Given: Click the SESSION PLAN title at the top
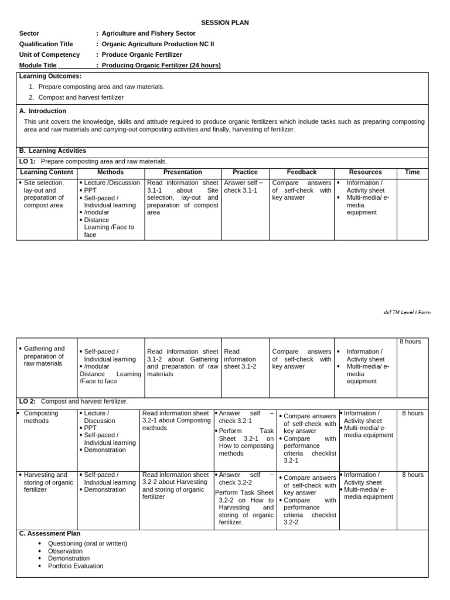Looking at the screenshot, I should point(225,23).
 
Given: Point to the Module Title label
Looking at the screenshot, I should point(38,65).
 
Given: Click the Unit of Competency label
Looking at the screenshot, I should point(49,54).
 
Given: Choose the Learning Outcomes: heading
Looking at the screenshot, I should point(50,76).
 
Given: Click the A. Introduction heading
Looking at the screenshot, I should point(43,111).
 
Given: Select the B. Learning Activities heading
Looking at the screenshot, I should point(53,151).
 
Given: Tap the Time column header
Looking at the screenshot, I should point(412,172).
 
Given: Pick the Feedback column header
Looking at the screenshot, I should point(301,172).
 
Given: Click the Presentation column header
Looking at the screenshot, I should point(182,172).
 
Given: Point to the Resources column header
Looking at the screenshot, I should point(365,172).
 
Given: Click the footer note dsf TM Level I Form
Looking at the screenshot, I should point(407,312).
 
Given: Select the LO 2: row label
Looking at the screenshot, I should point(27,401).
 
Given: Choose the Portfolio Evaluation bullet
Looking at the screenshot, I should point(75,566).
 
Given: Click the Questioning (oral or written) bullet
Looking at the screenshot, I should point(87,543).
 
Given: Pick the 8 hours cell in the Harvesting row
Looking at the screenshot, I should point(412,475).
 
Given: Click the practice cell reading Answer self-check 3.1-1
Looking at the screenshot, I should point(243,186).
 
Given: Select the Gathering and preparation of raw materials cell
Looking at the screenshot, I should point(44,356).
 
